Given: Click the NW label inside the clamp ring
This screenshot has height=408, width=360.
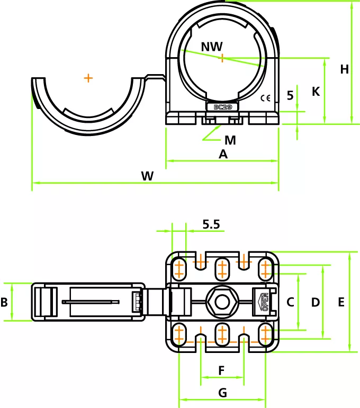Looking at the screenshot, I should click(212, 47).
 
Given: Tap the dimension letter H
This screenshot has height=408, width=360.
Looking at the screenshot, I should click(345, 69).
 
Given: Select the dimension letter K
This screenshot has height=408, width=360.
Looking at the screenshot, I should click(316, 92).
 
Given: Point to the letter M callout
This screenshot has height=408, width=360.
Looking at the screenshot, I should click(230, 140).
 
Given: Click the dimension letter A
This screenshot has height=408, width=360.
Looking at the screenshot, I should click(223, 155).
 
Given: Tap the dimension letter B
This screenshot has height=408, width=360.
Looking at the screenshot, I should click(4, 302).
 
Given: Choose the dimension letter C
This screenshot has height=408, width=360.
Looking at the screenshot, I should click(290, 302).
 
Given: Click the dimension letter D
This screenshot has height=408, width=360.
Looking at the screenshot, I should click(316, 302).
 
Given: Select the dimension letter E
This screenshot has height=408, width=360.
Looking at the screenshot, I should click(341, 302).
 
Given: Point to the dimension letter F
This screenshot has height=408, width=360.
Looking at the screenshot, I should click(222, 370).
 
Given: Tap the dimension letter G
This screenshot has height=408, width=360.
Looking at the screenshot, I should click(222, 393).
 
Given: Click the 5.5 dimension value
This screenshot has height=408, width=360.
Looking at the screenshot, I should click(211, 224).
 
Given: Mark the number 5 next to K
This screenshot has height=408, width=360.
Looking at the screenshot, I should click(290, 95).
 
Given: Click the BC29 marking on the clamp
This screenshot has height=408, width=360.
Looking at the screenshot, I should click(222, 106).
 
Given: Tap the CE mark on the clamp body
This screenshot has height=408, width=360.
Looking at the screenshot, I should click(266, 97).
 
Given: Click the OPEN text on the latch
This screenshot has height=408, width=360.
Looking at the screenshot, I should click(263, 302).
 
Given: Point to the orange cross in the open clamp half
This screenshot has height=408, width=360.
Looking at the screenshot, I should click(88, 78).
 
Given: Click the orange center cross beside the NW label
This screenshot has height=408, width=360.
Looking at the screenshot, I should click(222, 58).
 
